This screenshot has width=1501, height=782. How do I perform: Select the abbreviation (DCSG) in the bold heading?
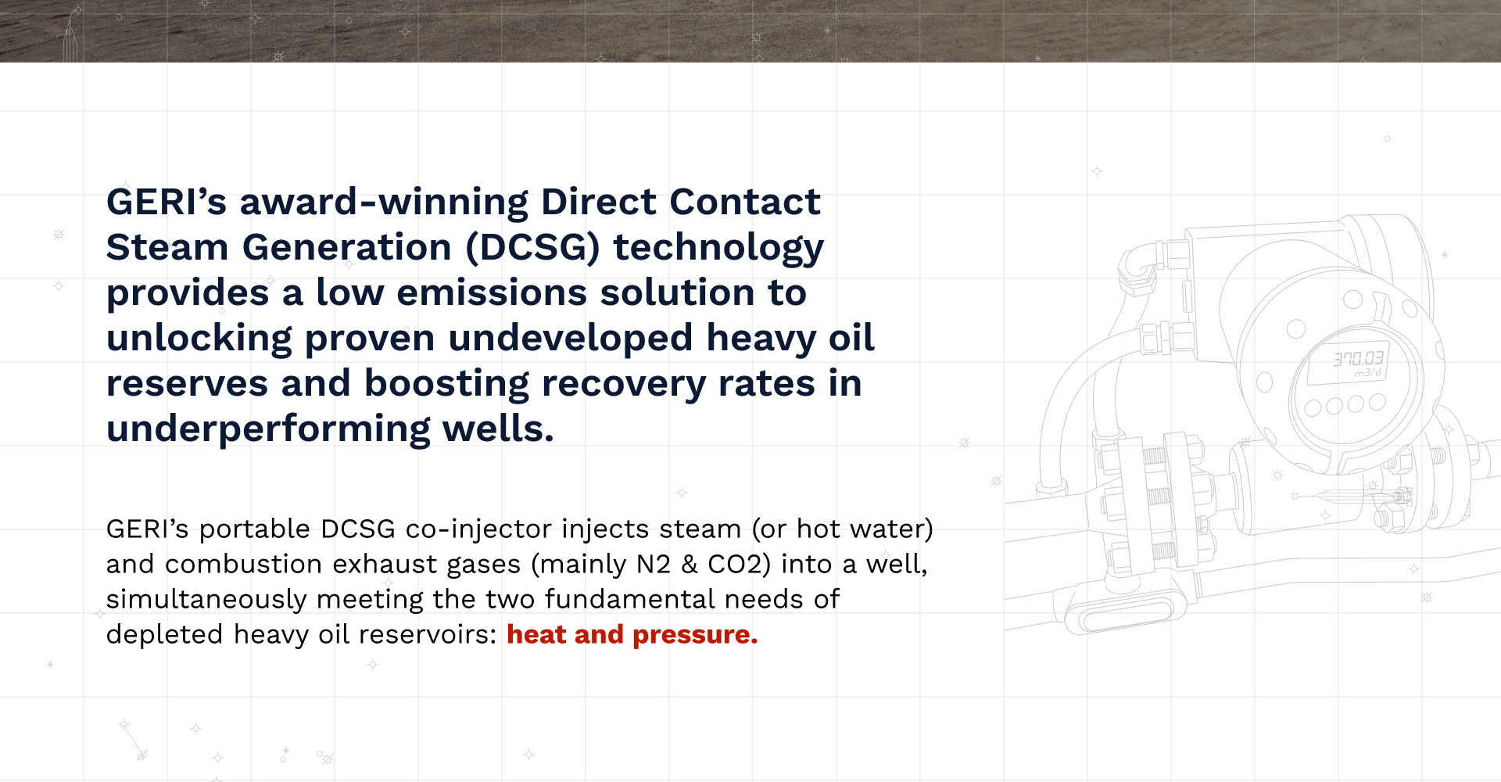coord(533,248)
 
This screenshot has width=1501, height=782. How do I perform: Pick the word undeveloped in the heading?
coord(571,338)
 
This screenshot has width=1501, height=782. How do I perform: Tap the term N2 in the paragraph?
coord(654,564)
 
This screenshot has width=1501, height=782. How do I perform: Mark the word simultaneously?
coord(206,600)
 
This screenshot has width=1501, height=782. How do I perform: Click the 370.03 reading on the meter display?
coord(1359,359)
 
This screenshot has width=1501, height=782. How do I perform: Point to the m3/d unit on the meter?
coord(1368,373)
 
